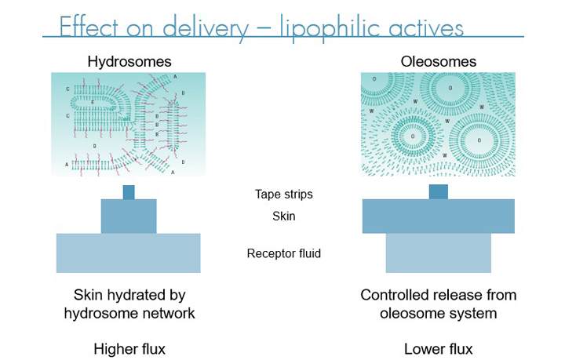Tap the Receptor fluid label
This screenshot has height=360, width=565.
(283, 253)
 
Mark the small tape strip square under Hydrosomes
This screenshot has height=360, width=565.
(129, 192)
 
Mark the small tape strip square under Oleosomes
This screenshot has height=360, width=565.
(438, 192)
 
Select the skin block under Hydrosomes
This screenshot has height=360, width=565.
(129, 216)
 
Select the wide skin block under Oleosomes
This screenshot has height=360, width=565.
(438, 216)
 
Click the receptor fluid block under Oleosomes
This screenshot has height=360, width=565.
(438, 253)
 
